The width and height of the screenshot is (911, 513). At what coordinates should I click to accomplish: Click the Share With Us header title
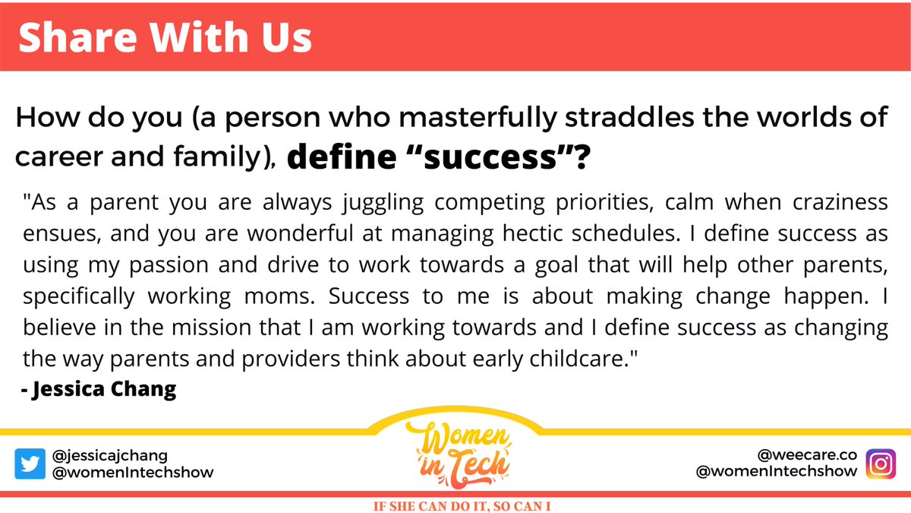[165, 37]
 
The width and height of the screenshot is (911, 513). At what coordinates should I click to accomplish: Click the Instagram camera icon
[881, 464]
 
